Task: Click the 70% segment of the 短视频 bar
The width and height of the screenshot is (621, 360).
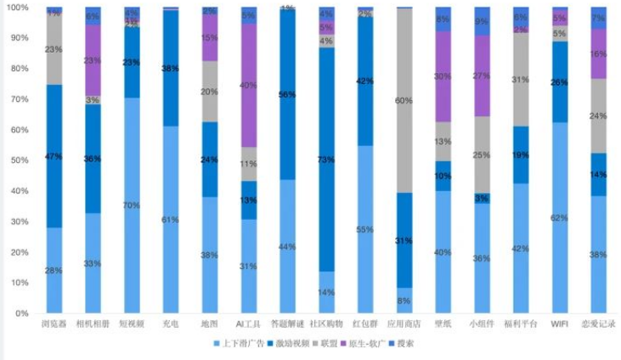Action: pos(132,205)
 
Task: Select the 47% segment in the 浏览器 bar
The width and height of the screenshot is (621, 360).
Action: pos(54,156)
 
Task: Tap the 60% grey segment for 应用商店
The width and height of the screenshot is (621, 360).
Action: pos(404,100)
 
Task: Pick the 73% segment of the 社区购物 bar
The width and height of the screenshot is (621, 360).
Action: pos(326,160)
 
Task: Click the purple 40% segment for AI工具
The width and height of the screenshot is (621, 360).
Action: pos(249,85)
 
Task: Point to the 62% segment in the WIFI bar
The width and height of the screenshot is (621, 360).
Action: pos(559,217)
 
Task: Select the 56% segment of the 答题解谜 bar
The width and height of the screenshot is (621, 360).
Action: pos(287,94)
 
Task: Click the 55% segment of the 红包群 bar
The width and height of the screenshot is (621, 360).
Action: pos(365,229)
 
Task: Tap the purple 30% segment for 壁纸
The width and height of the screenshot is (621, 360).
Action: pos(443,76)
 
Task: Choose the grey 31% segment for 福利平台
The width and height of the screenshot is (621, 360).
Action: pos(521,79)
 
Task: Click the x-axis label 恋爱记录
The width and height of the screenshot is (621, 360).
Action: pos(598,323)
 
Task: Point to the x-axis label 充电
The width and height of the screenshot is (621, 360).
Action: pos(171,323)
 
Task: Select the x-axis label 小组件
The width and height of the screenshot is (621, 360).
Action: pos(482,323)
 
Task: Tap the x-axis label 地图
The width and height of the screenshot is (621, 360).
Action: pos(210,323)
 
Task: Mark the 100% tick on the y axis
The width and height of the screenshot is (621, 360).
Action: pos(17,8)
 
